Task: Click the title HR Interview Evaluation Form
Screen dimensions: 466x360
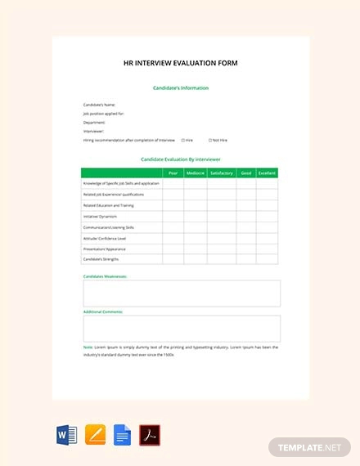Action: click(180, 63)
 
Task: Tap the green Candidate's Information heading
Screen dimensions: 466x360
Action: click(180, 87)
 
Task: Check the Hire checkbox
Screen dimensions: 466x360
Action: click(182, 140)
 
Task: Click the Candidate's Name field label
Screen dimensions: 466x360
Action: click(99, 105)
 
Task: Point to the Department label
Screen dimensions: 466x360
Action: click(94, 122)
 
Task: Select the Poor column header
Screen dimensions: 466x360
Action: click(173, 173)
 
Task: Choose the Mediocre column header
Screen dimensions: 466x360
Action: click(195, 173)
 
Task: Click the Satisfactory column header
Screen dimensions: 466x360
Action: click(221, 173)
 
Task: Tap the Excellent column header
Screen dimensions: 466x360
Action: click(267, 173)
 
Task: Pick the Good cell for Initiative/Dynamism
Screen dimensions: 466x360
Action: click(245, 216)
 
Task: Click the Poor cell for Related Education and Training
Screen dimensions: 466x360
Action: click(173, 205)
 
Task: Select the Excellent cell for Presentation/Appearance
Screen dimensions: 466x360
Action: click(267, 249)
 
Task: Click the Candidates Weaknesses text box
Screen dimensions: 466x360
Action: click(181, 293)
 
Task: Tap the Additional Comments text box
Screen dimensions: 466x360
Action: click(181, 329)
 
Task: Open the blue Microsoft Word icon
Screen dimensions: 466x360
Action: click(66, 434)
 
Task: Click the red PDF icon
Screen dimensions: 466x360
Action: click(150, 434)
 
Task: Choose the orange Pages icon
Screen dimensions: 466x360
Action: click(94, 434)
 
